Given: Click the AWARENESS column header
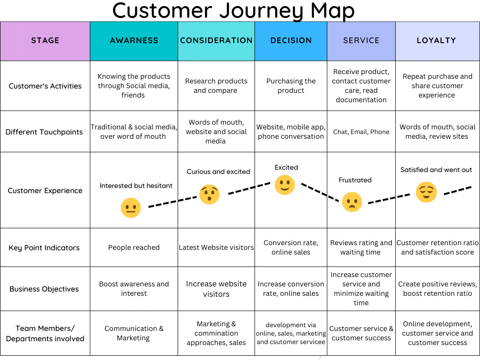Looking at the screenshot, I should tap(134, 41).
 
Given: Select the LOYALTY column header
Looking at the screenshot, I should tap(436, 41).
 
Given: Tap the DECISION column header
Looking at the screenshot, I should tap(291, 41).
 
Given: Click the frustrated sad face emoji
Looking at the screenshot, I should tap(352, 202).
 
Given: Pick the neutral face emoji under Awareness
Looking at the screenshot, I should tap(131, 208).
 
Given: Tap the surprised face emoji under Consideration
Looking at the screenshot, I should tap(210, 194).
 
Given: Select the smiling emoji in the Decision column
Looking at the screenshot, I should tap(285, 185).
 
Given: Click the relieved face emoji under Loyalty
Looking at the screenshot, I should tap(426, 192).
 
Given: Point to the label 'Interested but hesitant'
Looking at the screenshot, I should tap(136, 186).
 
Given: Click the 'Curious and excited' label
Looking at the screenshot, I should tap(218, 172).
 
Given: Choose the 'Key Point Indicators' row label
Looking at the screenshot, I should tap(44, 248).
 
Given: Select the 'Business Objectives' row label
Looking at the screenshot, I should tap(44, 289).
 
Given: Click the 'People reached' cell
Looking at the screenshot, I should tap(134, 247).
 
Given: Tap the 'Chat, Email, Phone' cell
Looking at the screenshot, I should tap(361, 132).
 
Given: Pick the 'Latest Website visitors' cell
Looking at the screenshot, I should tap(216, 247).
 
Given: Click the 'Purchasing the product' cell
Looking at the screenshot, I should tap(291, 86).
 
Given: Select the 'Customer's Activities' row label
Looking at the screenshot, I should tap(45, 86).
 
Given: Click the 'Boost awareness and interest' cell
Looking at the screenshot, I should tap(134, 289).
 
